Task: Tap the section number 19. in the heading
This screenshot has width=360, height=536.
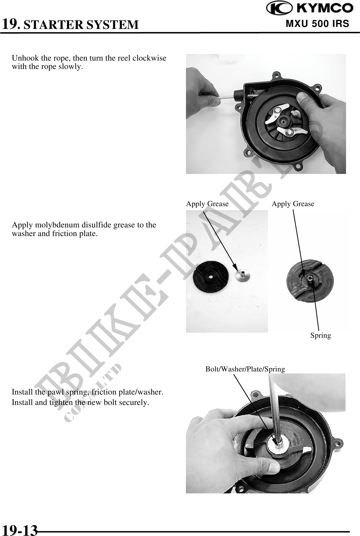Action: [11, 24]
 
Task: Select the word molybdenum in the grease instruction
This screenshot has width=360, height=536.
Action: [60, 225]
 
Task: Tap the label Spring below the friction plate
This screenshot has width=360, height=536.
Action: [321, 336]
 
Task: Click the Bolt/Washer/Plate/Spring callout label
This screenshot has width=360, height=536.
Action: [245, 369]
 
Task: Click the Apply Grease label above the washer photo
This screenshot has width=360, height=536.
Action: [207, 204]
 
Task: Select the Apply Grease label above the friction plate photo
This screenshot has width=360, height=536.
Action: [293, 204]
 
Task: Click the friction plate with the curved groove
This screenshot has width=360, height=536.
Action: [310, 281]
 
